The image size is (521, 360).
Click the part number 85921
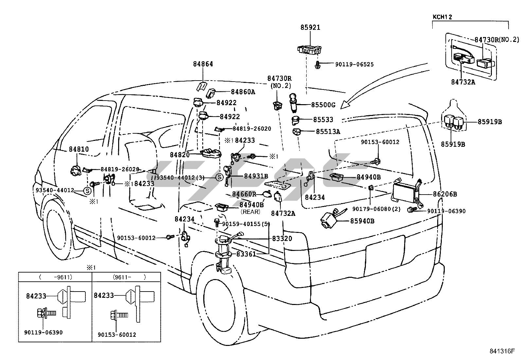pos(310,28)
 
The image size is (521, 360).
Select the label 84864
pos(203,64)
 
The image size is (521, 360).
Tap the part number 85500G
pos(323,105)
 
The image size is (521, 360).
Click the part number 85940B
pos(362,221)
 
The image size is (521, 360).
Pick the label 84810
pos(79,149)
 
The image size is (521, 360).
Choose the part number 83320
pos(282,238)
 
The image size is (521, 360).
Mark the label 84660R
pos(244,194)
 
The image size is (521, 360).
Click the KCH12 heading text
pos(442,17)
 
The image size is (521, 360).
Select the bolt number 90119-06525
pos(354,65)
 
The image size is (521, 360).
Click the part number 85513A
pos(328,132)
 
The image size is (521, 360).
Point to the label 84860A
pos(243,92)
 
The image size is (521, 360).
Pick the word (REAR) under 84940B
pos(250,212)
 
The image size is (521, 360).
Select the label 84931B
pos(256,176)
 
